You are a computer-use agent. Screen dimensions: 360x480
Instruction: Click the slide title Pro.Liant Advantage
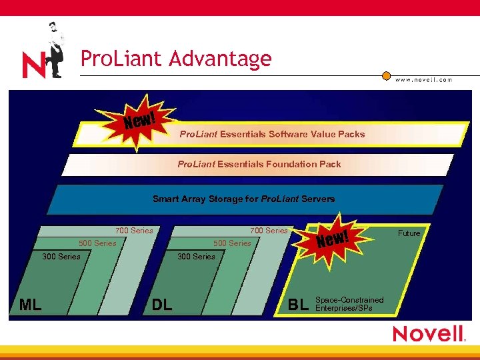[x=176, y=59]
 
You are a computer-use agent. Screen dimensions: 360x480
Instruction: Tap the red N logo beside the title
[x=33, y=65]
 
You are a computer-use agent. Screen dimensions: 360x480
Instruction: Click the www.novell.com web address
[x=423, y=79]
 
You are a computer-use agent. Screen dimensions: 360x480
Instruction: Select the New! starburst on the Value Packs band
[x=141, y=121]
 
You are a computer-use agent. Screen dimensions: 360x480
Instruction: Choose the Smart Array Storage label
[x=243, y=199]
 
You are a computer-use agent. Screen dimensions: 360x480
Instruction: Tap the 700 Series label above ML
[x=134, y=231]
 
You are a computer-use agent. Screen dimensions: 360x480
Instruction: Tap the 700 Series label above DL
[x=269, y=231]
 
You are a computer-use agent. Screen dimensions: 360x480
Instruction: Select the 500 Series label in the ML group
[x=97, y=243]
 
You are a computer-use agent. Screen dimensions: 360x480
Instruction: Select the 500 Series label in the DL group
[x=232, y=243]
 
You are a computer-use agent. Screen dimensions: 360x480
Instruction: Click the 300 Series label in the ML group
[x=61, y=257]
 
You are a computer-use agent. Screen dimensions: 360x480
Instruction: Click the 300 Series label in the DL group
[x=196, y=257]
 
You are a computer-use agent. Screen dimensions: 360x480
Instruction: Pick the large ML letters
[x=31, y=305]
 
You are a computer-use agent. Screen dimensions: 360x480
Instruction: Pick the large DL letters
[x=162, y=305]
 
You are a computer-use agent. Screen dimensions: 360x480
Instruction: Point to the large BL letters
[x=298, y=305]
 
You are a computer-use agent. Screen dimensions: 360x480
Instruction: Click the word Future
[x=409, y=233]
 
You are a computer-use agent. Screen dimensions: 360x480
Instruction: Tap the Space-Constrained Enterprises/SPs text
[x=349, y=304]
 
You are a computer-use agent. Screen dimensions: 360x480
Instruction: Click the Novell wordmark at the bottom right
[x=429, y=333]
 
